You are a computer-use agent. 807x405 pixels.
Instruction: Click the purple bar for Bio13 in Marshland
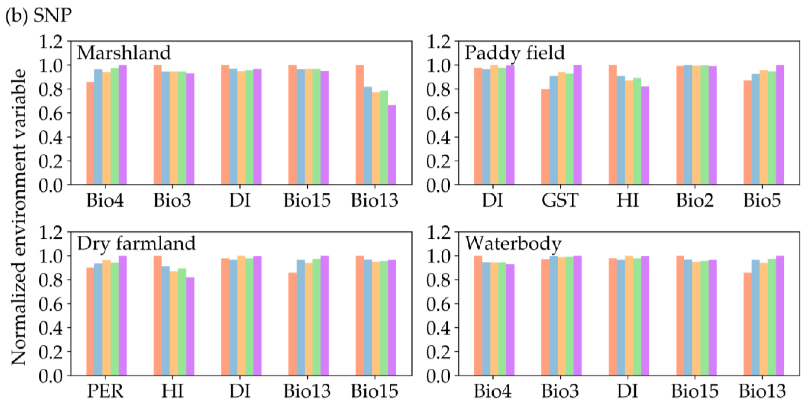pyautogui.click(x=392, y=145)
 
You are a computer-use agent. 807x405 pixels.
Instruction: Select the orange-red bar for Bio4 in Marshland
pyautogui.click(x=90, y=133)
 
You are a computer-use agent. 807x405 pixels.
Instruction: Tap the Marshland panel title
pyautogui.click(x=124, y=52)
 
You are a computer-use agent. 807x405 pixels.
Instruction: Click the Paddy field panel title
pyautogui.click(x=514, y=52)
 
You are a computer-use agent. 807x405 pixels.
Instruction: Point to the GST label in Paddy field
pyautogui.click(x=560, y=200)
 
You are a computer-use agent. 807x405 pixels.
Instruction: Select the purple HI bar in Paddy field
pyautogui.click(x=645, y=135)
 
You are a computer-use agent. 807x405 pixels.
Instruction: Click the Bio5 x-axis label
pyautogui.click(x=762, y=200)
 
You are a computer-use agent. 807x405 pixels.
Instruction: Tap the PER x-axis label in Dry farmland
pyautogui.click(x=105, y=391)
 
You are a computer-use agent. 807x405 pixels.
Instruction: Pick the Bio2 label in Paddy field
pyautogui.click(x=694, y=200)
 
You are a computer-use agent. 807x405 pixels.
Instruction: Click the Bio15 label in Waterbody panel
pyautogui.click(x=694, y=391)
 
